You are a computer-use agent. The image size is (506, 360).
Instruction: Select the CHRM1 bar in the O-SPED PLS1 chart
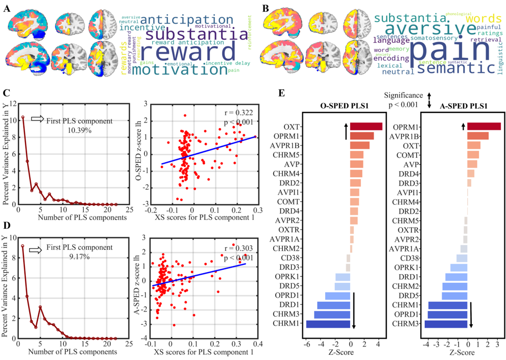coord(328,324)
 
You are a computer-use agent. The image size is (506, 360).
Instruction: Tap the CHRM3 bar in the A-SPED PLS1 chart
coord(446,324)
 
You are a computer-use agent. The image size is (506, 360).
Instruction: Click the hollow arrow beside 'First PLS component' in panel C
coord(38,118)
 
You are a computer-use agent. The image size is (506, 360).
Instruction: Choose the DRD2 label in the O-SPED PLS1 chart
coord(290,183)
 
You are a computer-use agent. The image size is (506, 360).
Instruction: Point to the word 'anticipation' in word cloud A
coord(176,19)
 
